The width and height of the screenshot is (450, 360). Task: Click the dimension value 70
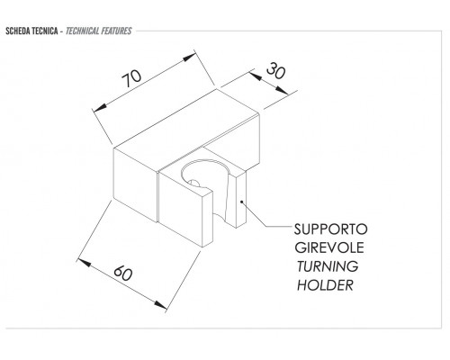tap(131, 78)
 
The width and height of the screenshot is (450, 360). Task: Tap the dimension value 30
tap(276, 71)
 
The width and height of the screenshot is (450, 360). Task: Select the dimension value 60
tap(123, 273)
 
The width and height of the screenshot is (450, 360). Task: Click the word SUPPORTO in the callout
tap(330, 229)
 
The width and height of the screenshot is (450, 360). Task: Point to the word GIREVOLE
tap(329, 247)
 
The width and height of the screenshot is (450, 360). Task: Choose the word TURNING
tap(328, 266)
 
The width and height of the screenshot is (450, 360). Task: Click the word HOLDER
tap(325, 285)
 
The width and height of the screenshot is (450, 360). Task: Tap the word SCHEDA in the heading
tap(17, 31)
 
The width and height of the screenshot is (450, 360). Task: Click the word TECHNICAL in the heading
tap(82, 31)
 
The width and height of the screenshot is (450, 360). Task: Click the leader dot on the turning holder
tap(241, 202)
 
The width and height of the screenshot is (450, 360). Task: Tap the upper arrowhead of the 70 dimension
tap(190, 57)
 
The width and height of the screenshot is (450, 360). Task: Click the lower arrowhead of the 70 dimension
tap(100, 108)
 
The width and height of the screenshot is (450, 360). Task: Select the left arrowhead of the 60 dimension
tap(84, 263)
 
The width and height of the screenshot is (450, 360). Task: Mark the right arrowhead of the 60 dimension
tap(160, 305)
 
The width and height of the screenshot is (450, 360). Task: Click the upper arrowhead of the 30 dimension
tap(255, 76)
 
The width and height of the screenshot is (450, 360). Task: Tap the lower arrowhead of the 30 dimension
tap(283, 91)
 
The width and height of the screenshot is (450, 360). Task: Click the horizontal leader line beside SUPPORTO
tap(278, 226)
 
